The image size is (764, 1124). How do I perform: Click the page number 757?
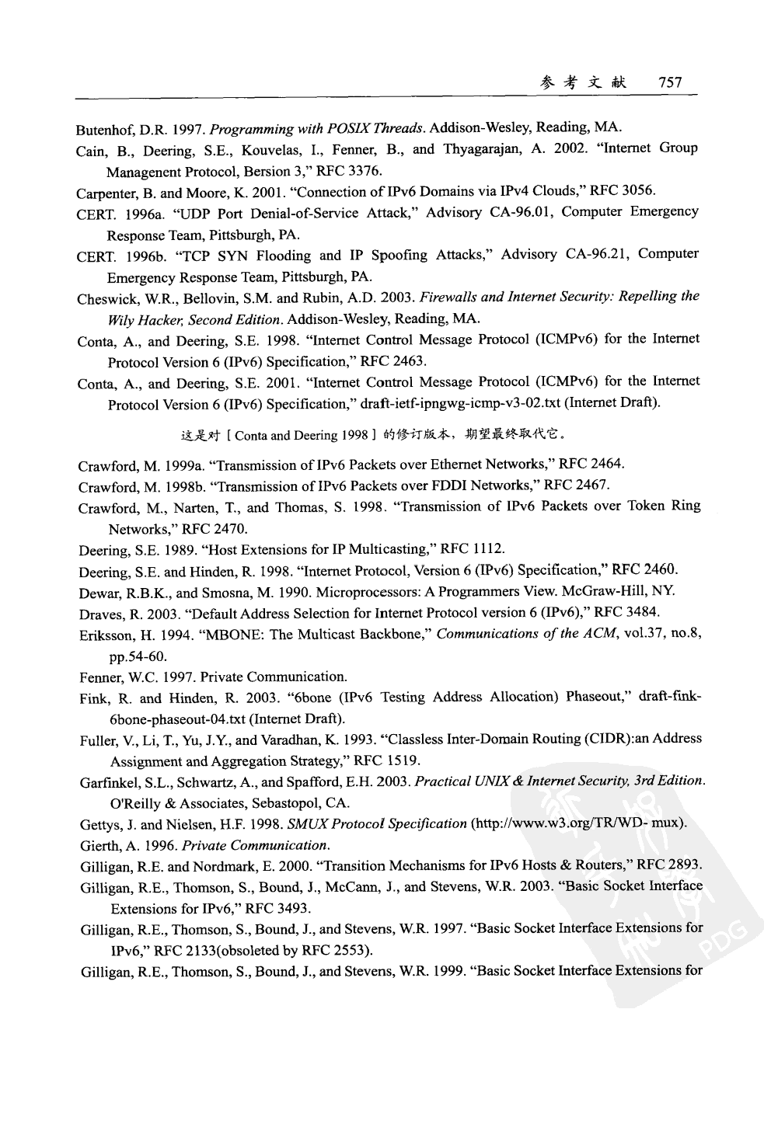tap(668, 83)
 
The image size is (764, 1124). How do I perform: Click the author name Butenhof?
tap(99, 128)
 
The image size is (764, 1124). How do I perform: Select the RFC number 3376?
tap(365, 170)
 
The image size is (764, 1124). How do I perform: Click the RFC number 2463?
tap(411, 361)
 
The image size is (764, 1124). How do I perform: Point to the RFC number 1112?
tap(491, 551)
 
